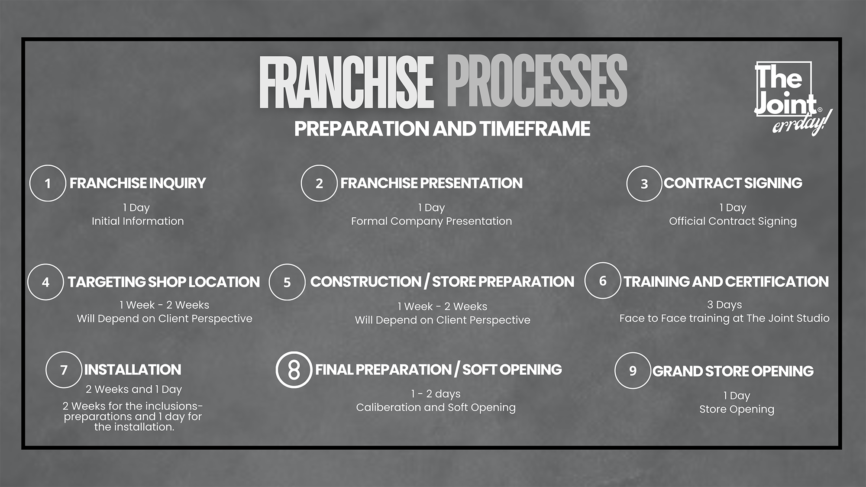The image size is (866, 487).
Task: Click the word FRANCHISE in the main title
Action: pyautogui.click(x=346, y=82)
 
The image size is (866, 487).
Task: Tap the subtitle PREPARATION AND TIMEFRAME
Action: pyautogui.click(x=442, y=129)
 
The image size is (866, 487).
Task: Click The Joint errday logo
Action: pyautogui.click(x=792, y=98)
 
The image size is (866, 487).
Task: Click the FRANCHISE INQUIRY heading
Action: pyautogui.click(x=138, y=183)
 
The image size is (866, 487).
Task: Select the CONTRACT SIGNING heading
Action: pyautogui.click(x=733, y=183)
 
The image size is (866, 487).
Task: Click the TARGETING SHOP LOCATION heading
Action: pyautogui.click(x=164, y=282)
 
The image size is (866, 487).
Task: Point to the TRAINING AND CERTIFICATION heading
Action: pyautogui.click(x=726, y=282)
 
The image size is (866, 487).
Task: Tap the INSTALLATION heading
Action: pyautogui.click(x=133, y=370)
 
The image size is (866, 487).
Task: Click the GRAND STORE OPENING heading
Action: pyautogui.click(x=733, y=371)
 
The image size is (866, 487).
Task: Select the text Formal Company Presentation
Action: pyautogui.click(x=431, y=221)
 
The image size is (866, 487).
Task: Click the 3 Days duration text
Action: pyautogui.click(x=724, y=305)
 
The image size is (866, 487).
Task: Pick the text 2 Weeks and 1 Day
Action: pyautogui.click(x=134, y=389)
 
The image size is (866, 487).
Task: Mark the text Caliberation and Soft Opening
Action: pyautogui.click(x=436, y=407)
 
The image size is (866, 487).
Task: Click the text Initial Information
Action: pyautogui.click(x=138, y=221)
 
